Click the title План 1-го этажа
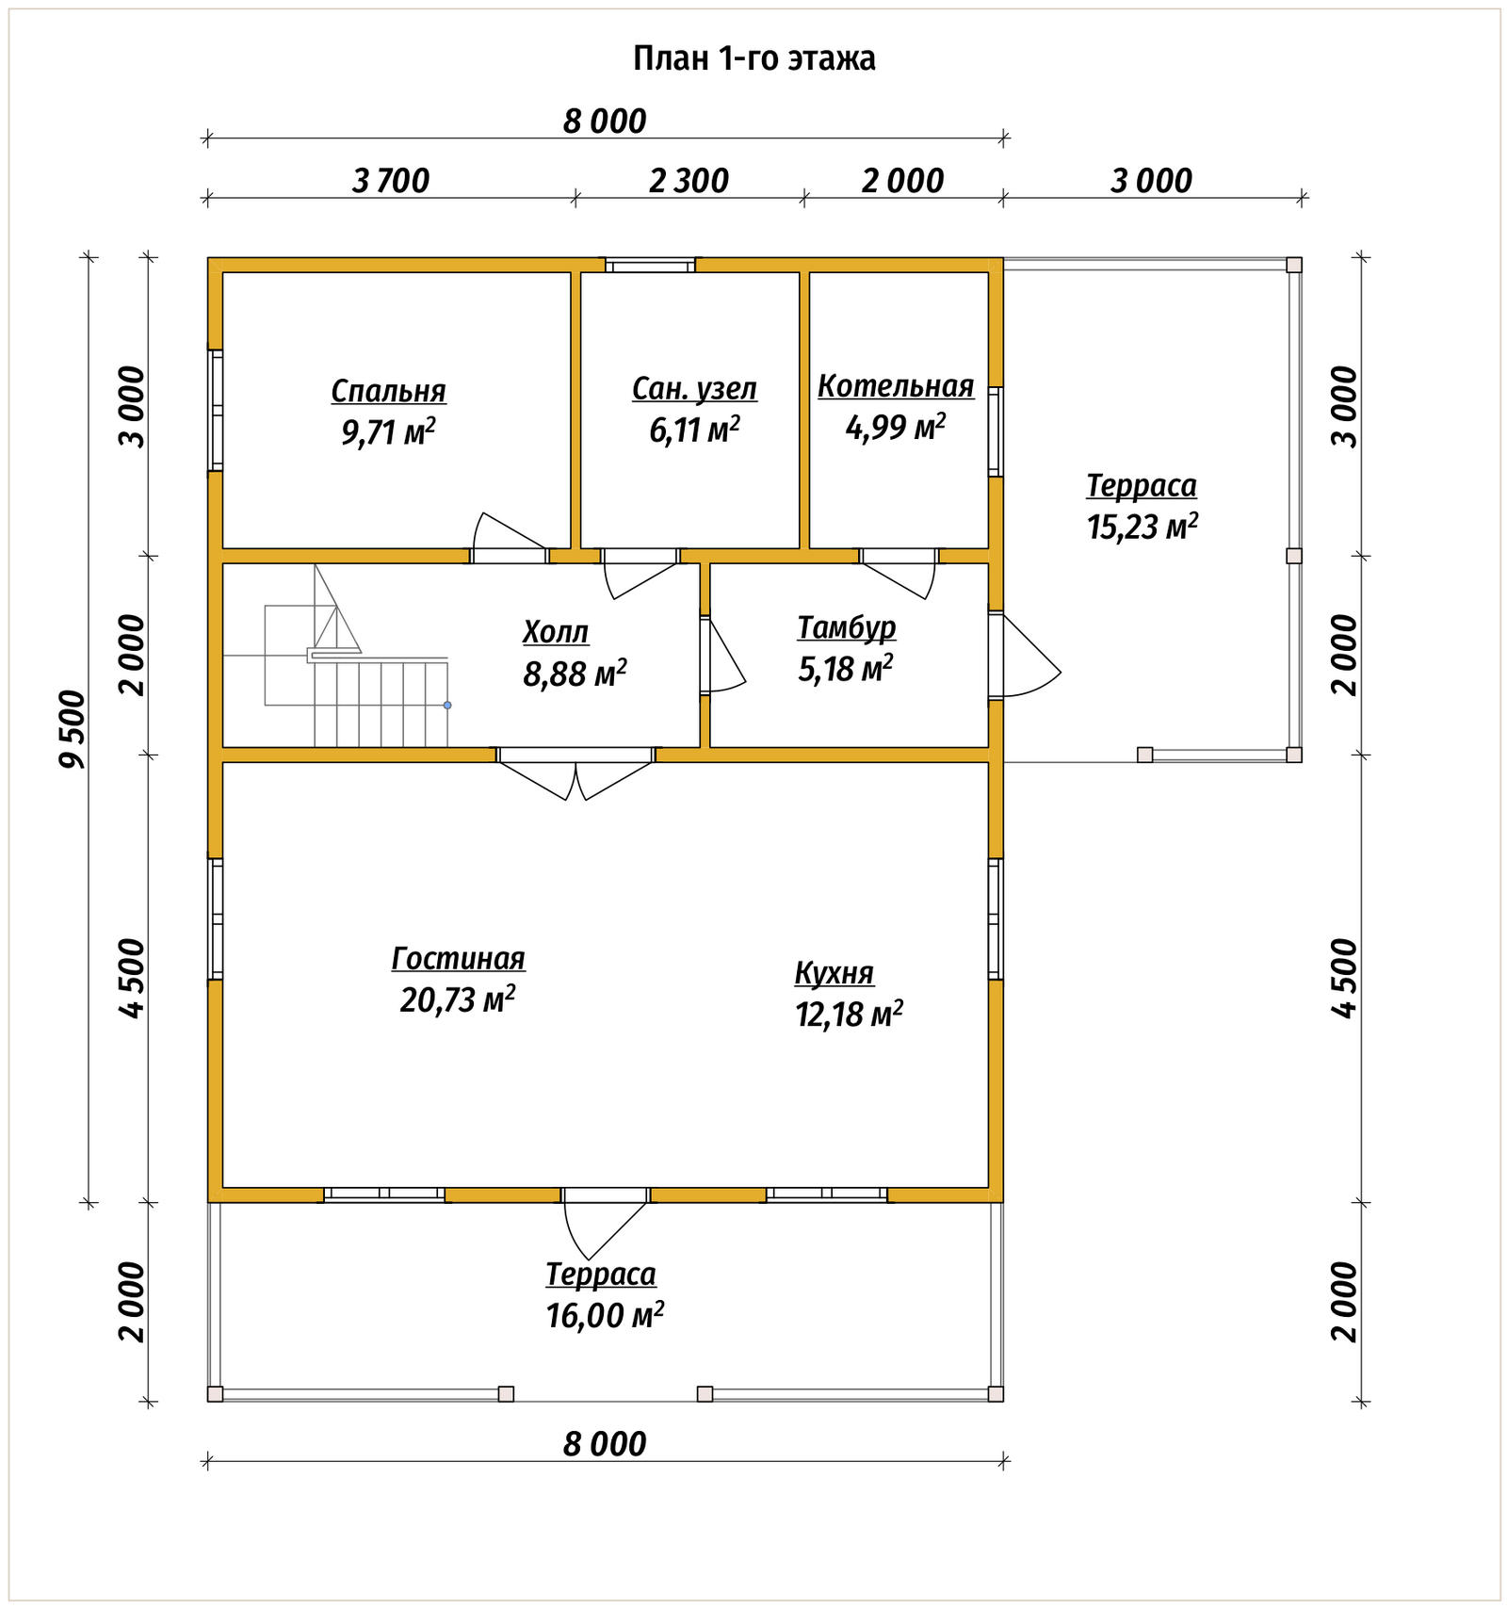click(x=753, y=58)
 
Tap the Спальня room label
click(x=388, y=391)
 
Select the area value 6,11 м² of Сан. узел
click(x=694, y=430)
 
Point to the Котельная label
click(x=896, y=386)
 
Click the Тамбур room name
click(x=846, y=628)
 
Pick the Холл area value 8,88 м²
click(x=575, y=674)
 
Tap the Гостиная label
click(x=458, y=958)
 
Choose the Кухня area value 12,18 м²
click(x=849, y=1014)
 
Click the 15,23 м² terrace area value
click(x=1142, y=526)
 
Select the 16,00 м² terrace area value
click(x=605, y=1314)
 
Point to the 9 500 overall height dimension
click(x=73, y=729)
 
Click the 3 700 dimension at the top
click(x=391, y=181)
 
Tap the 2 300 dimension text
click(x=689, y=181)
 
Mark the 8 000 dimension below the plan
click(x=605, y=1444)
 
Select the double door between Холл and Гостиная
click(x=575, y=772)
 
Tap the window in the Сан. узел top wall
click(x=650, y=266)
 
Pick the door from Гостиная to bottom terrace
click(x=605, y=1222)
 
